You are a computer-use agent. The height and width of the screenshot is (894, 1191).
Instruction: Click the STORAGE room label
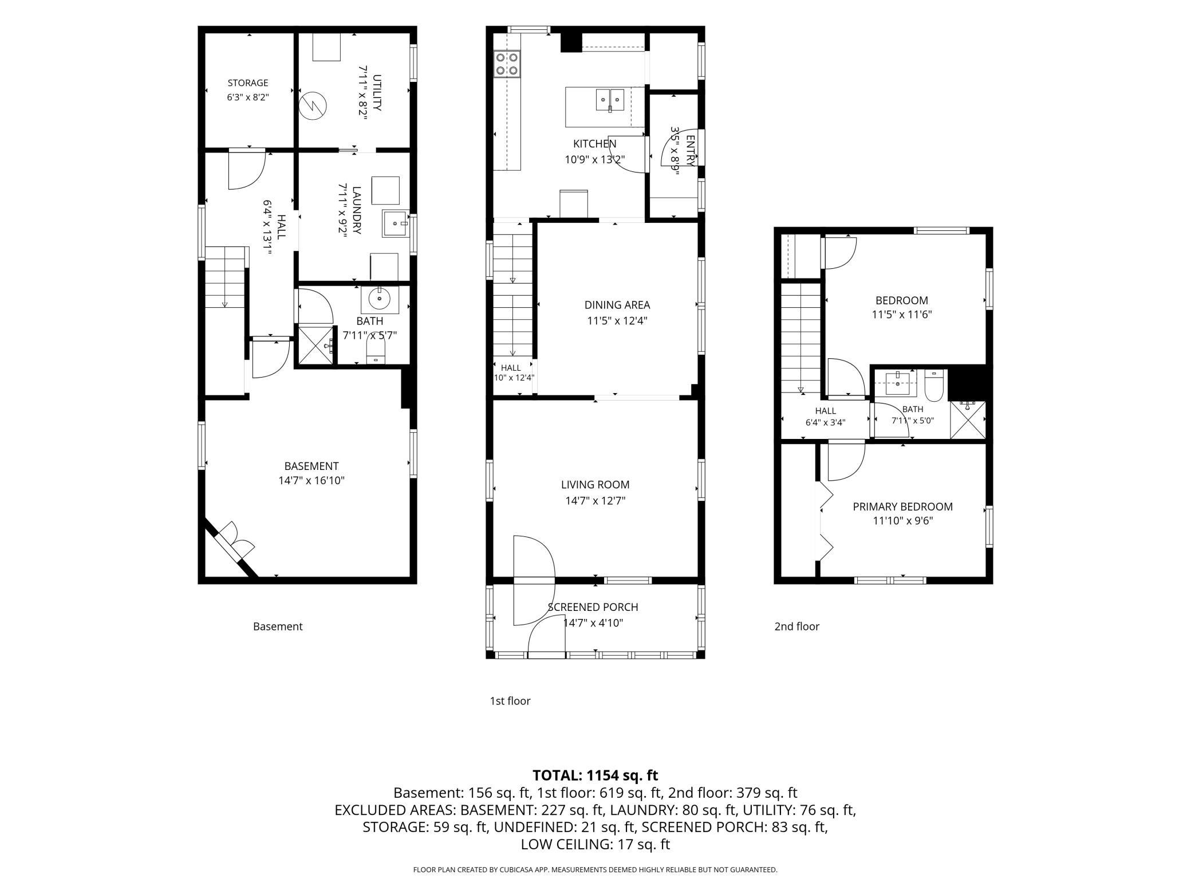point(248,83)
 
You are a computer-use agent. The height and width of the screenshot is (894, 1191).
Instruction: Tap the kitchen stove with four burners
point(507,64)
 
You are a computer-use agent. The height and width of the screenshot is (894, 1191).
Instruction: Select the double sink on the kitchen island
point(609,100)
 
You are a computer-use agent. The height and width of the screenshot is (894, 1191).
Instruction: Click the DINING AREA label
point(617,305)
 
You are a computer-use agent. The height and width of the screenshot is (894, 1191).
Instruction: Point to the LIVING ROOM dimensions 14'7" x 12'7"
point(595,501)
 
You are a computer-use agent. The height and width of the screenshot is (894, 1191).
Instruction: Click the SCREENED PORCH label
point(593,607)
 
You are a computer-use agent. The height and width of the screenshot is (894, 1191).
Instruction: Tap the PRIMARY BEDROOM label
point(903,507)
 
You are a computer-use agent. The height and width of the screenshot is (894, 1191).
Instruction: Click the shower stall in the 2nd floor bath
point(968,420)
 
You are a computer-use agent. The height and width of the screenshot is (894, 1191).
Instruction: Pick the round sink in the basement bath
point(379,299)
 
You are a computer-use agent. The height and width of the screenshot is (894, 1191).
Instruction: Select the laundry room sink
point(396,223)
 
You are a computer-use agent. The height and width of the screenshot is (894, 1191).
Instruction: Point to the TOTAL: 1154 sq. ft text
point(595,775)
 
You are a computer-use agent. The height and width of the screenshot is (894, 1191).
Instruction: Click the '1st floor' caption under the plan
point(510,701)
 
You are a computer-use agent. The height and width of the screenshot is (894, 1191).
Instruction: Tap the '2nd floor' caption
point(796,626)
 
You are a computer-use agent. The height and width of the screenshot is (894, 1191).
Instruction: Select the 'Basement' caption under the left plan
point(278,626)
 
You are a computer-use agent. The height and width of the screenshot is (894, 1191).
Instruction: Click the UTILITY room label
point(377,92)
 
